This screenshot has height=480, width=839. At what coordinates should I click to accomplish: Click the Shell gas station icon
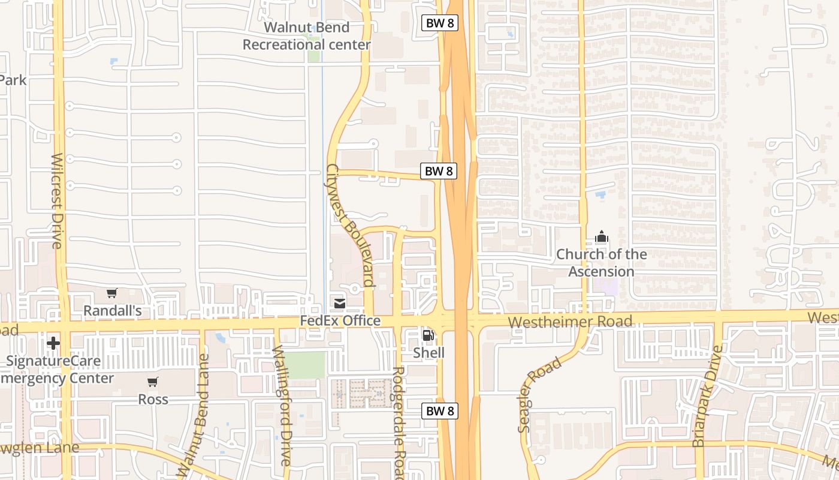tap(428, 335)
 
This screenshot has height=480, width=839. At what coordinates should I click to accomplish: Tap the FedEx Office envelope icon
tap(340, 304)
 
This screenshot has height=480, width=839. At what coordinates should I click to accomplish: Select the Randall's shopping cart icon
tap(111, 293)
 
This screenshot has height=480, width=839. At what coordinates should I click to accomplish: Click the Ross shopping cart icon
tap(153, 382)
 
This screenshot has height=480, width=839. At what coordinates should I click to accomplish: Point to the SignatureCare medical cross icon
tap(53, 343)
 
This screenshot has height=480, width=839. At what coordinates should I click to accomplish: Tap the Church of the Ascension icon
tap(601, 237)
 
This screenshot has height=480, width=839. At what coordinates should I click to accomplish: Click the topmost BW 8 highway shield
tap(440, 23)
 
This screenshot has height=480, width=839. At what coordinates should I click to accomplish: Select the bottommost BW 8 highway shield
tap(440, 411)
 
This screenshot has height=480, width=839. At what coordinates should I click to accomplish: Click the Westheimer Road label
tap(569, 322)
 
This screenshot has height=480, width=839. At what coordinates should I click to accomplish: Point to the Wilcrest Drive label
tap(57, 200)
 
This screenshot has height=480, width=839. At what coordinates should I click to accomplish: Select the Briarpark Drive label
tap(708, 396)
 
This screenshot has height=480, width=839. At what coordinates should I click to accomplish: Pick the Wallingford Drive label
tap(282, 406)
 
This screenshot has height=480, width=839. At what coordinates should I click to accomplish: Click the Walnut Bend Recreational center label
tap(306, 36)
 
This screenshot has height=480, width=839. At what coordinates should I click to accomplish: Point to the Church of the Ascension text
tap(601, 263)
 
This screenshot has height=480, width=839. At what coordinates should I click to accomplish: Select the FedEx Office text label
tap(340, 321)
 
